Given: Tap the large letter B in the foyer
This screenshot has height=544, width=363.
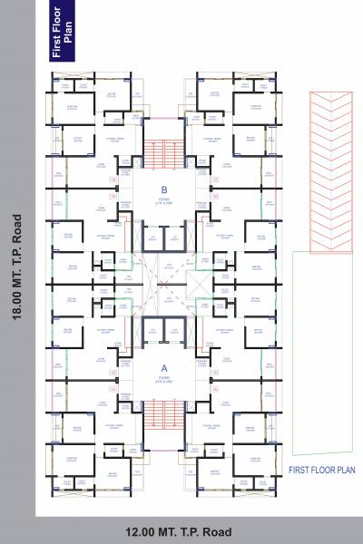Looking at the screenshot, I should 164,188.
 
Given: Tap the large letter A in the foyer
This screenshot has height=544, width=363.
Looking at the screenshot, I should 164,367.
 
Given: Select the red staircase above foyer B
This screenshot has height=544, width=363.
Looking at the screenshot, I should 164,153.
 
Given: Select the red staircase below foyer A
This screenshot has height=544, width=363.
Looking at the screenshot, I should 164,415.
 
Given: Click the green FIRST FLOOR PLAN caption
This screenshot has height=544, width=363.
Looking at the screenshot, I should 320,471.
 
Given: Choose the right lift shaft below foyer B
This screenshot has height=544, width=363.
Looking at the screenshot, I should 175,239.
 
